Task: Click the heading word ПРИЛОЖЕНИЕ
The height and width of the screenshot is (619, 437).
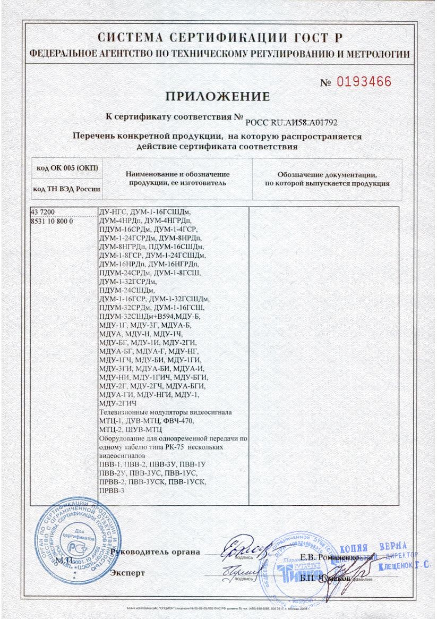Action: coord(218,96)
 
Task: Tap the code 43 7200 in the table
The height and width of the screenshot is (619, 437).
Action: coord(42,211)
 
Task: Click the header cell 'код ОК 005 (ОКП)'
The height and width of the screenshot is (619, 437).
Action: coord(67,168)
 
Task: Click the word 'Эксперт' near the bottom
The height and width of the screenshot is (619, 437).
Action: coord(127,573)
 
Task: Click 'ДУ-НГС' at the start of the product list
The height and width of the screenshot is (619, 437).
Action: coord(112,211)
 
